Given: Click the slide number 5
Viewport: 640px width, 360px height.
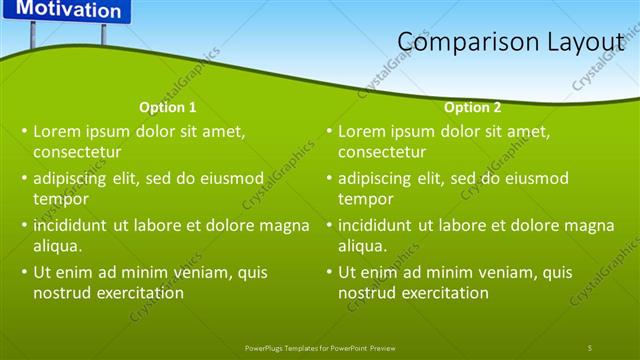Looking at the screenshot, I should pos(590,347).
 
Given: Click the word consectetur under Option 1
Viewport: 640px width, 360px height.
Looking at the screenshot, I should pos(77,153).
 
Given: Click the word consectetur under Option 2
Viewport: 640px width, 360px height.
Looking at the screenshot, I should pos(383,153).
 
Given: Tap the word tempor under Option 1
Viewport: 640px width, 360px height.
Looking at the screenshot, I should pos(60,199).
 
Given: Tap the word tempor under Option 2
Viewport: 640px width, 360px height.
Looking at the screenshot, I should pos(365,199).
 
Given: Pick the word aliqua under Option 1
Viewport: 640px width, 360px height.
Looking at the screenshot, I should pos(57,246).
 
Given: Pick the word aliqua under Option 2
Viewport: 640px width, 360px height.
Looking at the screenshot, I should pos(362,246).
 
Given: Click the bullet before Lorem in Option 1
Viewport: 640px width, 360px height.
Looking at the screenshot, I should pos(24,131).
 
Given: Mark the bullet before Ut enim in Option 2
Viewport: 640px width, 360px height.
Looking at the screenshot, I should pos(329,272).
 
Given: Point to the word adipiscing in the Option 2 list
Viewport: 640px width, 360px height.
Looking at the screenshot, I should pos(376,178).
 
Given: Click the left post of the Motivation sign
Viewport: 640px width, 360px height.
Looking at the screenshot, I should pos(33,35).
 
